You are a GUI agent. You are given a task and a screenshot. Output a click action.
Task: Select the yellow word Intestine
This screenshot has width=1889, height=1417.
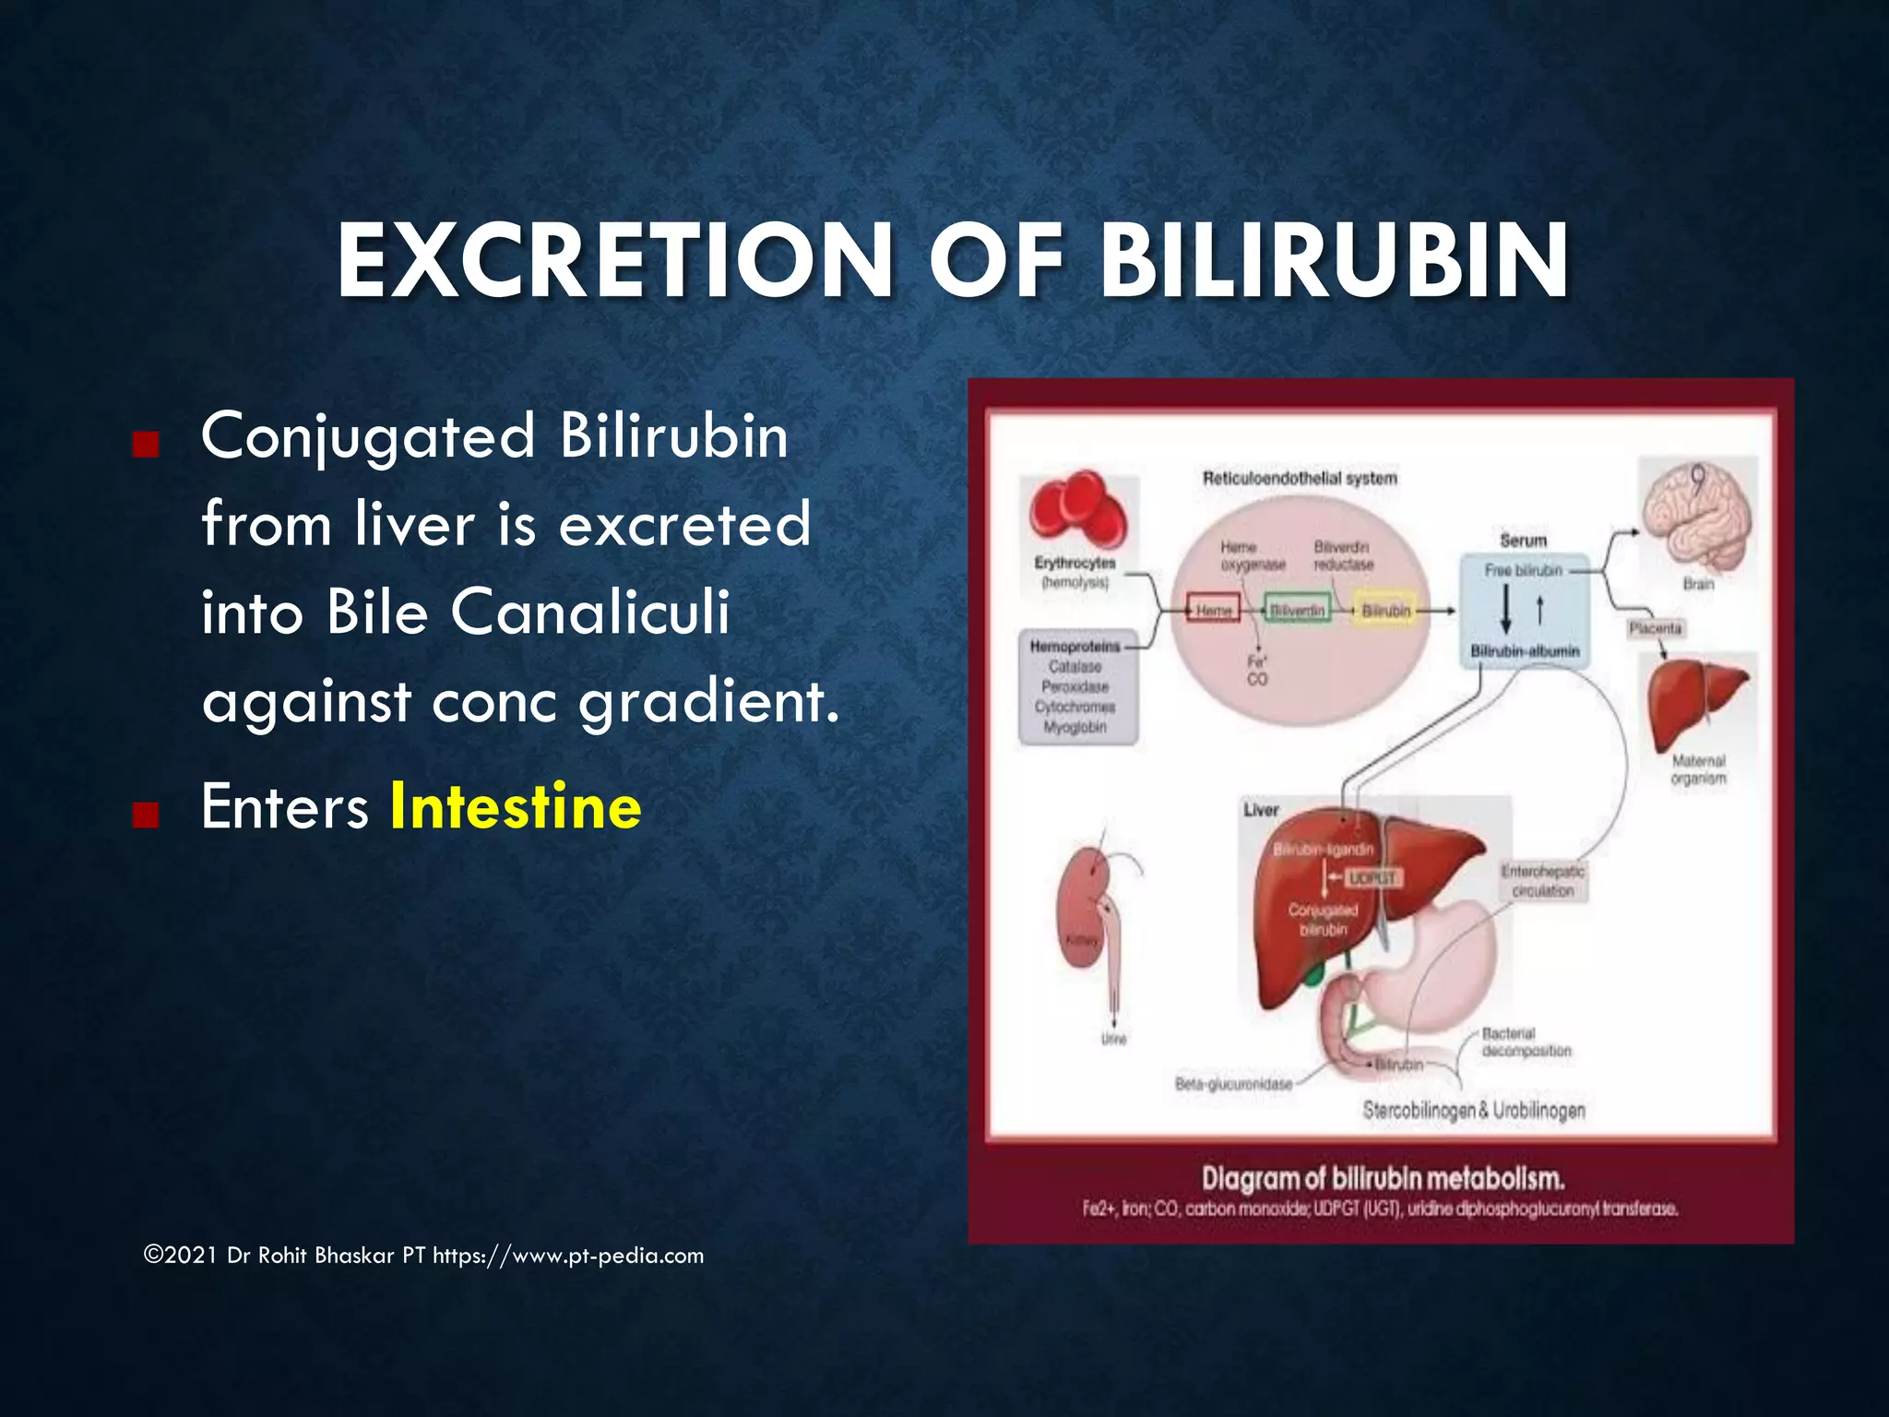(x=516, y=806)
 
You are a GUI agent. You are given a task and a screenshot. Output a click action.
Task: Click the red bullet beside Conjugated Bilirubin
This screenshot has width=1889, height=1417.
(x=146, y=446)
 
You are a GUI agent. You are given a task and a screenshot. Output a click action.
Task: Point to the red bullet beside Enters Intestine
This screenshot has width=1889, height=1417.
(x=146, y=815)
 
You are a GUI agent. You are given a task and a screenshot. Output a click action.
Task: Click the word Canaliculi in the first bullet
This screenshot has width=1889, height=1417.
(x=590, y=612)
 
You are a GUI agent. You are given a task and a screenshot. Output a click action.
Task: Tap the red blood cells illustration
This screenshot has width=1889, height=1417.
(x=1078, y=512)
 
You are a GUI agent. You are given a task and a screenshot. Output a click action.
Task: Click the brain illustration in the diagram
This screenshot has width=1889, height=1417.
(x=1697, y=517)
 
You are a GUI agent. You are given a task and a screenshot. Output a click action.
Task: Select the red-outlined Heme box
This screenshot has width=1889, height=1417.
(x=1213, y=611)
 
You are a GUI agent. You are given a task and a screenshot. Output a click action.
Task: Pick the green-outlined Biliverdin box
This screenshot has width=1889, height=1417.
(x=1297, y=611)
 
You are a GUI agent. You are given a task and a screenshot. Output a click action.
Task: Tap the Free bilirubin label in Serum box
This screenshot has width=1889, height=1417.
(x=1523, y=571)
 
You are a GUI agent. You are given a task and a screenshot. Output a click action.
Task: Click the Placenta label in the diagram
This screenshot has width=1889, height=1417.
(x=1655, y=628)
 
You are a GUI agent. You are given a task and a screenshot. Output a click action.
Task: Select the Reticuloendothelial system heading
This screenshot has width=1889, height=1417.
(x=1299, y=478)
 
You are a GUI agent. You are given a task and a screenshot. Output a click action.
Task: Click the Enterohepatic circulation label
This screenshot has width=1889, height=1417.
(x=1542, y=881)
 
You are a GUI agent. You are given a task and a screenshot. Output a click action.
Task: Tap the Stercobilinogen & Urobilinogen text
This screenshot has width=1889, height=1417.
(x=1473, y=1110)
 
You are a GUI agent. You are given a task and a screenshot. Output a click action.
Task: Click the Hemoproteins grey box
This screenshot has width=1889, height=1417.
(x=1076, y=686)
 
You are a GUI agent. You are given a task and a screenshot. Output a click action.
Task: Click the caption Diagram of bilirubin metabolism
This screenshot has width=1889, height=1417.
(x=1383, y=1178)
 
